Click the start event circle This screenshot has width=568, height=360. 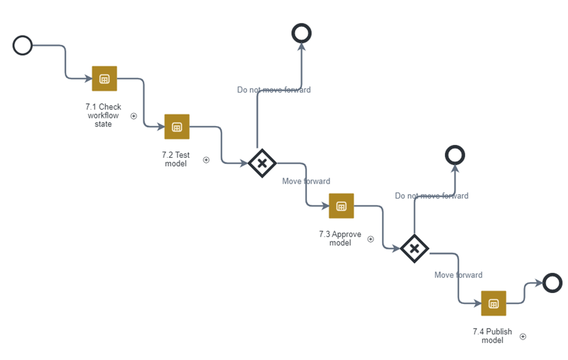23,45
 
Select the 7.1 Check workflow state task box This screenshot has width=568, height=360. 104,79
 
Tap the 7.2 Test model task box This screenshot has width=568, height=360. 177,127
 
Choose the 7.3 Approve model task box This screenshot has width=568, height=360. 341,206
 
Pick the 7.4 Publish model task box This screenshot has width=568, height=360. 493,303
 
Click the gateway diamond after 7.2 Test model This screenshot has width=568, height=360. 262,163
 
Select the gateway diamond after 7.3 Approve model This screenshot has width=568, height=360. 414,248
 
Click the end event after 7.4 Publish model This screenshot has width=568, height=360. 553,283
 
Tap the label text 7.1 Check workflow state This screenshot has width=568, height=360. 103,115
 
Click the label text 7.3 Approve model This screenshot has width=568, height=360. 340,238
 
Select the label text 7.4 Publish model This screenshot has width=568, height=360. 492,336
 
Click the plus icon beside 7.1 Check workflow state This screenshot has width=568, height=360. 133,116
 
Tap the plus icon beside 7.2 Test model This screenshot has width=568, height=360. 206,160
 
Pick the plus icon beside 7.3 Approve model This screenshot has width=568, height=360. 371,239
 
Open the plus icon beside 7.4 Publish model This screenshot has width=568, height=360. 523,337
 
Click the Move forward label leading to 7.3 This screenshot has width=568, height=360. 306,181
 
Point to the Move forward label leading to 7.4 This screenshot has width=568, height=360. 458,275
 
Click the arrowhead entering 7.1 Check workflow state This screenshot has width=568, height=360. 88,79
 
